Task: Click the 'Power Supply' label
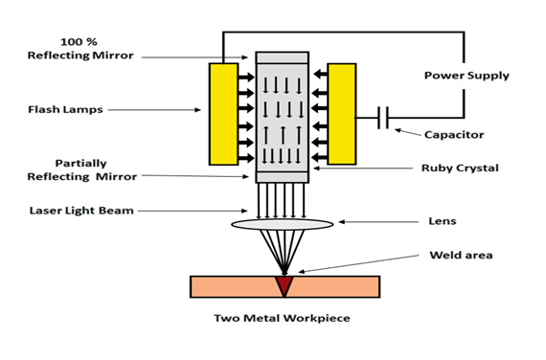(466, 76)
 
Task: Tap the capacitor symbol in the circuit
(383, 118)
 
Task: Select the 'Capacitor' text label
(454, 135)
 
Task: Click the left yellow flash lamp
(223, 114)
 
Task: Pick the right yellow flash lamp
(342, 114)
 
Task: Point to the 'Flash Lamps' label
(65, 110)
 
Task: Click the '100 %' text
(79, 42)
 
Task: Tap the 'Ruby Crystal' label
(460, 169)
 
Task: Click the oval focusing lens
(283, 224)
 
